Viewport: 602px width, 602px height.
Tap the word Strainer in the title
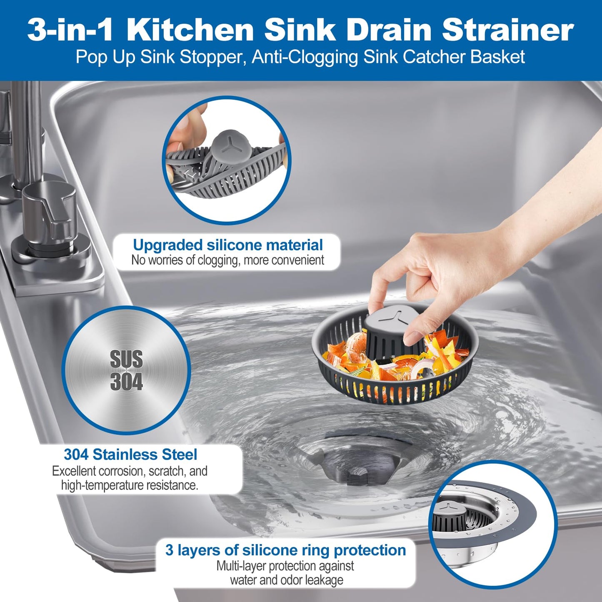click(x=508, y=30)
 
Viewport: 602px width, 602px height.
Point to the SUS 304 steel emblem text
click(x=126, y=370)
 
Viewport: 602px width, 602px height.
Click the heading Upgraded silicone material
click(x=227, y=245)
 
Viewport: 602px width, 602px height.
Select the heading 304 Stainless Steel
click(x=130, y=454)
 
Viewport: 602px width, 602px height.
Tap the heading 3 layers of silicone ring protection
click(x=285, y=550)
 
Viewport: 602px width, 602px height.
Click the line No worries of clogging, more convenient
click(x=227, y=260)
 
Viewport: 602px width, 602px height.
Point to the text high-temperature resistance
click(x=130, y=485)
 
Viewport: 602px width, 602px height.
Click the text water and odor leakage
click(x=286, y=580)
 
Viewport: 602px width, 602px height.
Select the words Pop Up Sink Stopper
click(x=158, y=57)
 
